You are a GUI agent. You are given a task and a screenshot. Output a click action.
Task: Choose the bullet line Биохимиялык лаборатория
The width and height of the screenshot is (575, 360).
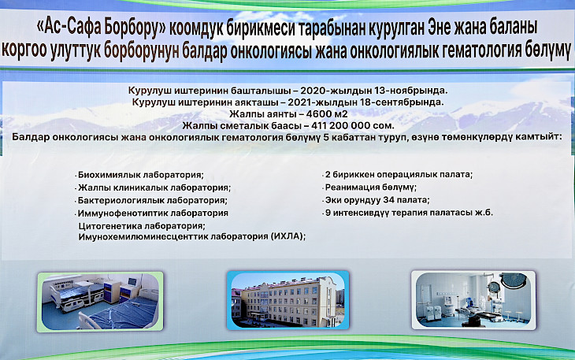point(140,175)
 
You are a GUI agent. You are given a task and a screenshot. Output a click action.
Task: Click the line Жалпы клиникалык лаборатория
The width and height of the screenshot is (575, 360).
point(154,188)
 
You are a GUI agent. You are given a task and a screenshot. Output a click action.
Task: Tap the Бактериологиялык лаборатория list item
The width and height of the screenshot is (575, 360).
point(152,201)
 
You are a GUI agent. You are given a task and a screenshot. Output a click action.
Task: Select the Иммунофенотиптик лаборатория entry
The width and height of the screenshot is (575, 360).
point(153,213)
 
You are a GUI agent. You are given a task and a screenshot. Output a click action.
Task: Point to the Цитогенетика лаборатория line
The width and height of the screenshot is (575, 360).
point(142,226)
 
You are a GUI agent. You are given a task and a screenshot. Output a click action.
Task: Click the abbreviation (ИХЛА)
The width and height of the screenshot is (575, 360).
point(287,236)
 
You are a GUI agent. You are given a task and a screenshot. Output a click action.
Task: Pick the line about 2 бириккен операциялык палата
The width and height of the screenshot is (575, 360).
point(399,175)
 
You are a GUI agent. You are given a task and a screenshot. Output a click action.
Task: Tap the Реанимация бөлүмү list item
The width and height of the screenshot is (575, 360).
point(370,187)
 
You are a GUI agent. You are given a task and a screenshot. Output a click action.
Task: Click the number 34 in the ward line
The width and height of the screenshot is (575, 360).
point(388,200)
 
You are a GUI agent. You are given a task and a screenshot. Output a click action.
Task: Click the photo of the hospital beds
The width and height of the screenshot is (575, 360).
point(100,302)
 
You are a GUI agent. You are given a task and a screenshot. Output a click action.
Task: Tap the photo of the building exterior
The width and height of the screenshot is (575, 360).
point(287,300)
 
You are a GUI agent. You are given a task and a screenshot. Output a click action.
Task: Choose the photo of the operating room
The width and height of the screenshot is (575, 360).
point(473,300)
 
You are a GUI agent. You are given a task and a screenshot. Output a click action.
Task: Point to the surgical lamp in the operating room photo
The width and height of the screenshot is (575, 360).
point(513,280)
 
